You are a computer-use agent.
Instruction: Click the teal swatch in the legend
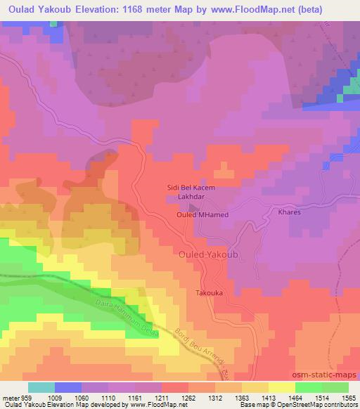(41, 387)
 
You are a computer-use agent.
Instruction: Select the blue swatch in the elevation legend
(68, 387)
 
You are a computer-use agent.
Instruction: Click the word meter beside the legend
(10, 397)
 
